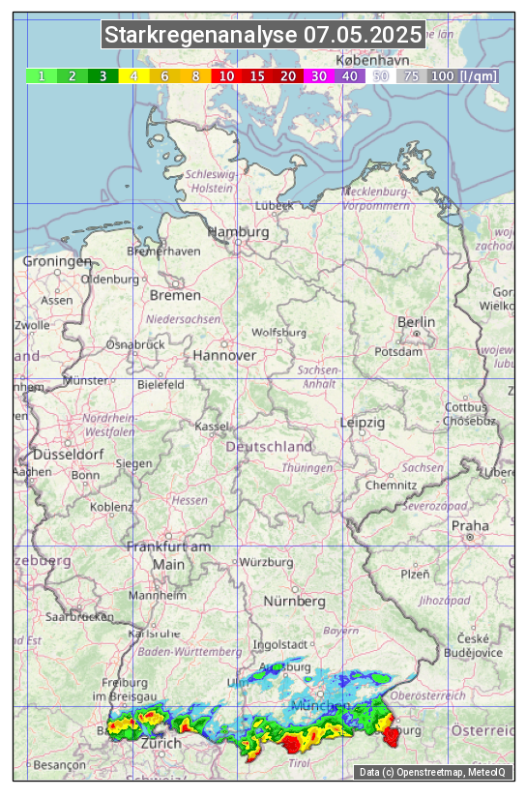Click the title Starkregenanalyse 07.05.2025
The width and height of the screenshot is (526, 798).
263,36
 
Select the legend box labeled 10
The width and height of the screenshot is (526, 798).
226,75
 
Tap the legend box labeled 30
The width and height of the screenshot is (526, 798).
318,75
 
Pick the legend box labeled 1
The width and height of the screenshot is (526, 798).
42,75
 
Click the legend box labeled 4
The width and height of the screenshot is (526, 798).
134,75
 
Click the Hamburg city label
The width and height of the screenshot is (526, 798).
238,233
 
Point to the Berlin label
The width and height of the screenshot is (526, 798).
416,322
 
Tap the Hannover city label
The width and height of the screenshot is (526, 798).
224,355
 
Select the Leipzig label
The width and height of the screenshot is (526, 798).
363,423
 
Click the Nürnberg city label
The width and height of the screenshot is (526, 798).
295,601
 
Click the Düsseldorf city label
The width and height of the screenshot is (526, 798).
68,454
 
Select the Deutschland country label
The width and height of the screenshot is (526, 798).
269,447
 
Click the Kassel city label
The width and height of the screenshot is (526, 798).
211,426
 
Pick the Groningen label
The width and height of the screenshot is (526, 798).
56,261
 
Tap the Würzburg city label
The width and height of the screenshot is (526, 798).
266,562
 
